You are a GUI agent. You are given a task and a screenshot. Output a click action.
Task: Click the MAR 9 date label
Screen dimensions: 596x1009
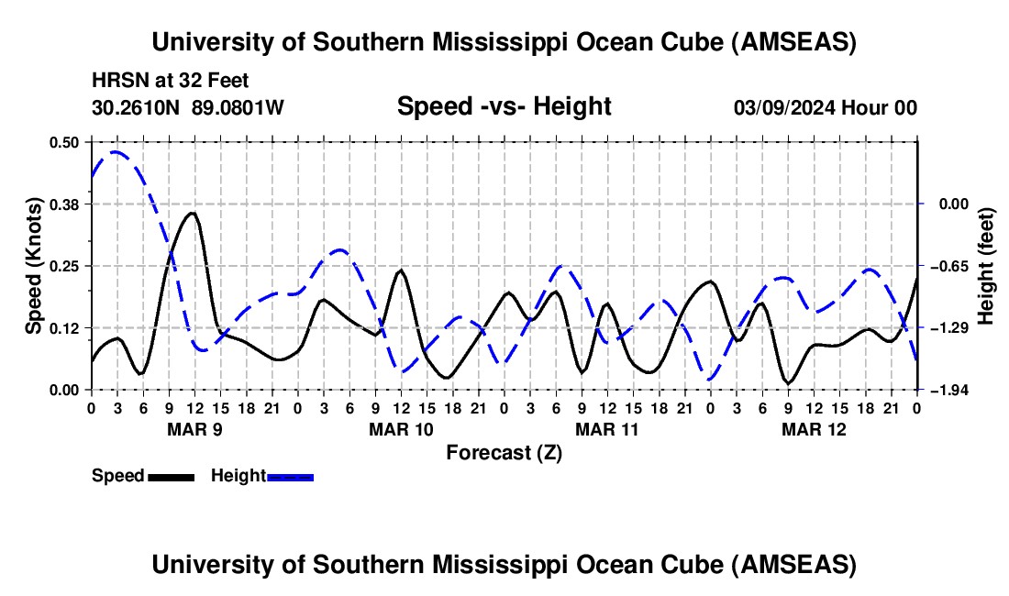pyautogui.click(x=194, y=428)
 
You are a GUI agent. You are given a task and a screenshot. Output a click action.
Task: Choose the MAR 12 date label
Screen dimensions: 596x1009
pyautogui.click(x=813, y=428)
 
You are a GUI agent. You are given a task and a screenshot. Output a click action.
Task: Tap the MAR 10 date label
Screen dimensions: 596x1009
pyautogui.click(x=400, y=428)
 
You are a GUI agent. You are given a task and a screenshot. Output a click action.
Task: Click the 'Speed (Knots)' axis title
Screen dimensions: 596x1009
pyautogui.click(x=33, y=266)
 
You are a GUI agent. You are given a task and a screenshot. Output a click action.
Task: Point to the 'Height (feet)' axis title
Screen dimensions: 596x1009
pyautogui.click(x=987, y=266)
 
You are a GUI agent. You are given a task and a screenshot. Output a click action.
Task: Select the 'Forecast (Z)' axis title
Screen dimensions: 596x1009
pyautogui.click(x=504, y=452)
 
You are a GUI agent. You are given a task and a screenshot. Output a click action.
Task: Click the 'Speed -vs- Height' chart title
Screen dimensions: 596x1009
pyautogui.click(x=504, y=106)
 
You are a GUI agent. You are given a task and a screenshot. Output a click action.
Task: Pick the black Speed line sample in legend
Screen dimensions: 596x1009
pyautogui.click(x=170, y=476)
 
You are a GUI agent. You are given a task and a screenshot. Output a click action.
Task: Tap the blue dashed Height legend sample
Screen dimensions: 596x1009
pyautogui.click(x=290, y=476)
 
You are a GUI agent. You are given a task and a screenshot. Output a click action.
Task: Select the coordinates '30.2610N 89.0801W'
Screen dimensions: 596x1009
pyautogui.click(x=188, y=107)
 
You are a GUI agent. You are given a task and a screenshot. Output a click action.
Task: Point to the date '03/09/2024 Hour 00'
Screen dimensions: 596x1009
pyautogui.click(x=825, y=107)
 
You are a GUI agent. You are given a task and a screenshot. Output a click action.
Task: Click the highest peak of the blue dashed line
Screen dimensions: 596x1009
pyautogui.click(x=115, y=152)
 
